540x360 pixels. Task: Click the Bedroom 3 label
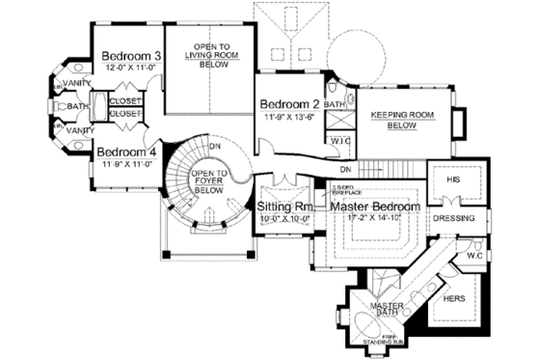(130, 57)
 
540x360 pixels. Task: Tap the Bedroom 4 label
(125, 152)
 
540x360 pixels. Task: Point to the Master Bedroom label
(375, 207)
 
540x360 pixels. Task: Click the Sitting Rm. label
(282, 207)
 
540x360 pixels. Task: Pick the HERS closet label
(451, 299)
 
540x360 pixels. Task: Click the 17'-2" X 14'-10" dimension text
(375, 218)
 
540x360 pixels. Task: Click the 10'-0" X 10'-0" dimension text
(282, 218)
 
